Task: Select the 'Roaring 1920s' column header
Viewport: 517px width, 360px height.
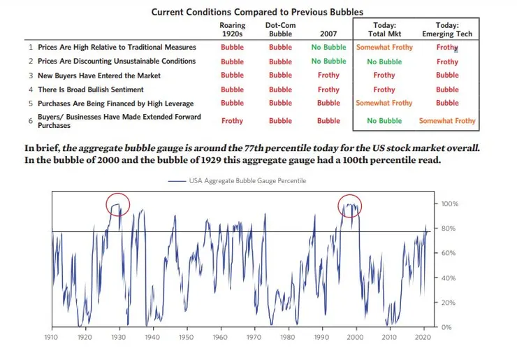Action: (x=232, y=29)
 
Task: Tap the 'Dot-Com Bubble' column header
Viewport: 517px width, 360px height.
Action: (x=280, y=29)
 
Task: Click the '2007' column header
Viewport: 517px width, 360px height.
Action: (x=328, y=34)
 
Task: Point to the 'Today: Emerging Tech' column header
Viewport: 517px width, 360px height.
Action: (x=447, y=29)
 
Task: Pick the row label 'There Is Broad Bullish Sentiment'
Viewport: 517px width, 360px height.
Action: (x=91, y=89)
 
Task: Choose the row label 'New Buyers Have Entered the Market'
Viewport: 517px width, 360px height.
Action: (x=99, y=75)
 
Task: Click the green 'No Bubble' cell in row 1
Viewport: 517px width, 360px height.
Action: (x=328, y=48)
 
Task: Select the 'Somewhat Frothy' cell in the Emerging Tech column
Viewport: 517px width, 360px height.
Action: (x=447, y=121)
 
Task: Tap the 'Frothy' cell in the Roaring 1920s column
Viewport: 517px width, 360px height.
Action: (x=232, y=121)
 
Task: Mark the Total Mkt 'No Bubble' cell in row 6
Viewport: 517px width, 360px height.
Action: (x=384, y=121)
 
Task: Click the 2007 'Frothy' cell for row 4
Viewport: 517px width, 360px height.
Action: (x=328, y=89)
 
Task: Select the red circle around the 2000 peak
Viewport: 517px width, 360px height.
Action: (x=349, y=206)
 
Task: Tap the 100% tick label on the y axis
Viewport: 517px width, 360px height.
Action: (x=449, y=204)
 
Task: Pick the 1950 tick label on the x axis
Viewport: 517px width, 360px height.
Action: (x=186, y=338)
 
